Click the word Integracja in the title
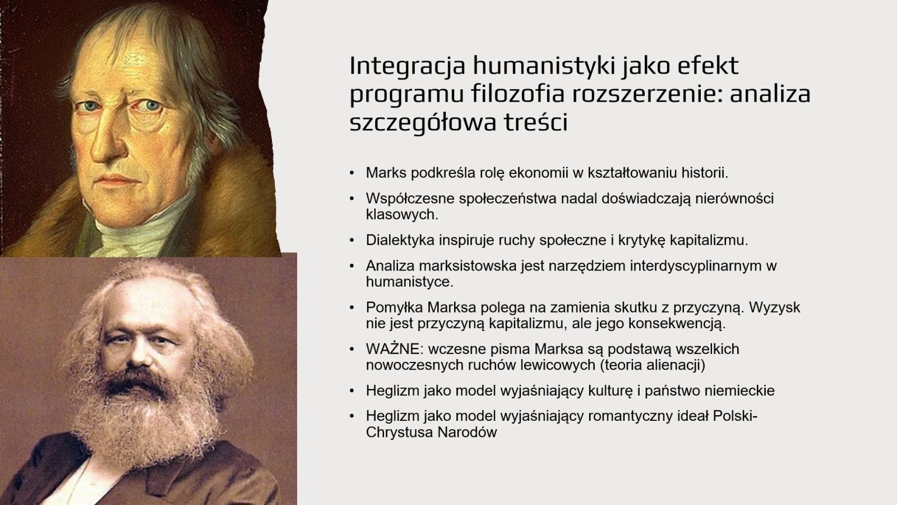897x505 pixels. [407, 67]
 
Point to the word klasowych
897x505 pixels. [402, 215]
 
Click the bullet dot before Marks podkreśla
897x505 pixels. [352, 173]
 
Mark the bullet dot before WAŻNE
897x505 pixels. [352, 349]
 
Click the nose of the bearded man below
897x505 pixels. [137, 353]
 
